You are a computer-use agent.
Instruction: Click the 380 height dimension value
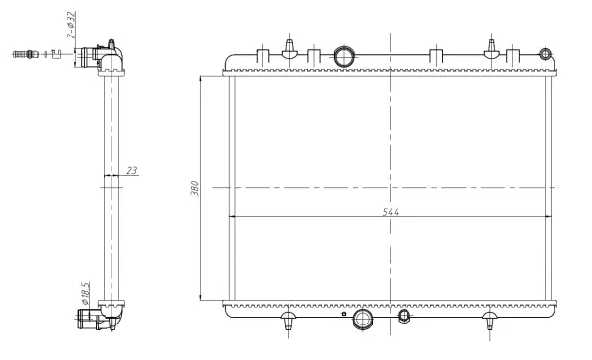pyautogui.click(x=195, y=186)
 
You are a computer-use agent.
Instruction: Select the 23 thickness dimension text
pyautogui.click(x=131, y=171)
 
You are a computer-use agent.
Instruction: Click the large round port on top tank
pyautogui.click(x=344, y=57)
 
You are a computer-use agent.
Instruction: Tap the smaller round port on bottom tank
pyautogui.click(x=404, y=316)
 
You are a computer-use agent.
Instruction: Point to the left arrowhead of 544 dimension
pyautogui.click(x=232, y=215)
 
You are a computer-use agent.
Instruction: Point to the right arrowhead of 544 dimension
pyautogui.click(x=550, y=215)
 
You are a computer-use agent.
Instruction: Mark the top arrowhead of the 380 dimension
pyautogui.click(x=201, y=76)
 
